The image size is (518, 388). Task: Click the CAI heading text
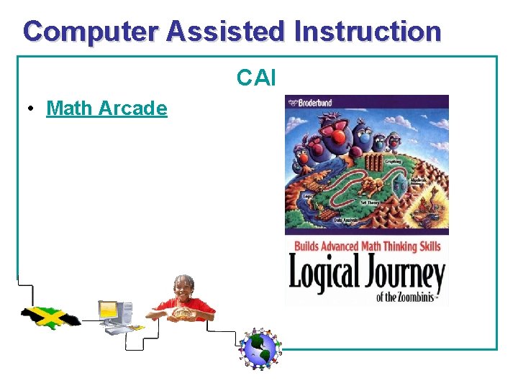(257, 78)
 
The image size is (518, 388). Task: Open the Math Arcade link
(106, 108)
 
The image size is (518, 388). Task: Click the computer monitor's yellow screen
(108, 310)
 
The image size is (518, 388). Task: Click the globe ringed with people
(259, 348)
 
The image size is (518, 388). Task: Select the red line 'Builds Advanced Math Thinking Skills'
(366, 246)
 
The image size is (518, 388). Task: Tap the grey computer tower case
(125, 314)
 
